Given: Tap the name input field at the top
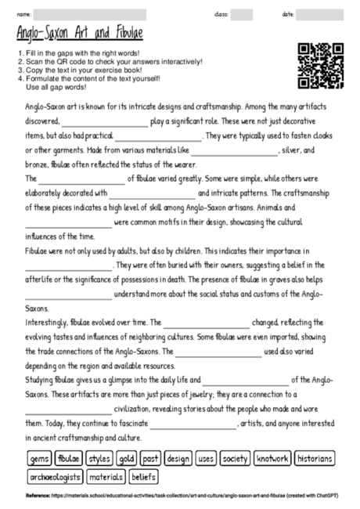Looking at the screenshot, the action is (x=90, y=14).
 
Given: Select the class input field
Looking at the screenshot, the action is (x=241, y=14).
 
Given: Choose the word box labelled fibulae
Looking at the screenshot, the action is (x=69, y=458).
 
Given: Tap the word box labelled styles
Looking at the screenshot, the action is (x=99, y=458).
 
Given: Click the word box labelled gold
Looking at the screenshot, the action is (x=127, y=458).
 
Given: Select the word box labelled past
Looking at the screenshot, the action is (x=151, y=458).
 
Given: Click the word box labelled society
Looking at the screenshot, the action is (x=235, y=458).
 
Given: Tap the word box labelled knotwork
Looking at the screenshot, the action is (x=273, y=458).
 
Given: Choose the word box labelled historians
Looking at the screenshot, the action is (x=316, y=458).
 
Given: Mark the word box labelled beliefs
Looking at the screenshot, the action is (x=142, y=476).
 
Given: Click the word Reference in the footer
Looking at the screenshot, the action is (x=38, y=496).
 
